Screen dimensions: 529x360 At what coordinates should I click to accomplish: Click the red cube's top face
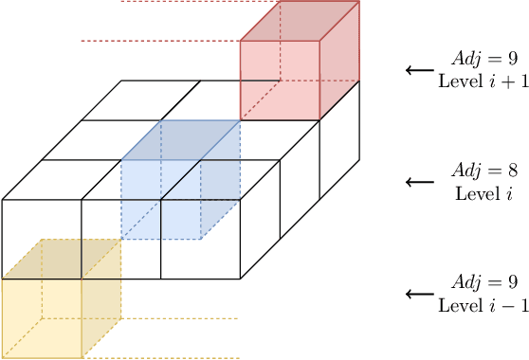point(300,21)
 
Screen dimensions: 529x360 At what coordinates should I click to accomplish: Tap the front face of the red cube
point(280,81)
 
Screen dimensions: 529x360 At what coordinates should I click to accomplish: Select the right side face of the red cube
point(340,62)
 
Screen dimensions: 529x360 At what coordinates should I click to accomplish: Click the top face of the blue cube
point(180,140)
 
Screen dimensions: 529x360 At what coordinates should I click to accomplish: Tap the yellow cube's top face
point(61,259)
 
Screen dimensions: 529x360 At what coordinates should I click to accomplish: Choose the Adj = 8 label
point(471,172)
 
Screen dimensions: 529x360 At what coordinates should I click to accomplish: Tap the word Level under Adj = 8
point(457,193)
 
